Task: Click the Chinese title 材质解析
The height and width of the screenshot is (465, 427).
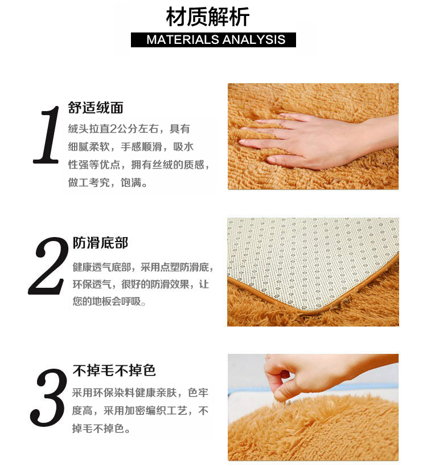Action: point(207,17)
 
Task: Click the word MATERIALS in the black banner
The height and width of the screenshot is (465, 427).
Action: point(183,40)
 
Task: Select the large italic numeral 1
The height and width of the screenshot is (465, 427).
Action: point(47,134)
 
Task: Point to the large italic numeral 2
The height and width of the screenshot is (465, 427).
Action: point(48,266)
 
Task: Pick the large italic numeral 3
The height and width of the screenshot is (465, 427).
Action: point(48,398)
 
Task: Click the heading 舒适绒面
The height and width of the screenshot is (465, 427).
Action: point(96,108)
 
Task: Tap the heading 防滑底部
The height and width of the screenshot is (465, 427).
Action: point(100,243)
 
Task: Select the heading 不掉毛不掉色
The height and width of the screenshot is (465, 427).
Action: point(114,371)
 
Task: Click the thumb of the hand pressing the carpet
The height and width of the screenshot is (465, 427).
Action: point(285,159)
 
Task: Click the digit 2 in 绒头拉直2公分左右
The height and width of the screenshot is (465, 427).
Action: point(113,129)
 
